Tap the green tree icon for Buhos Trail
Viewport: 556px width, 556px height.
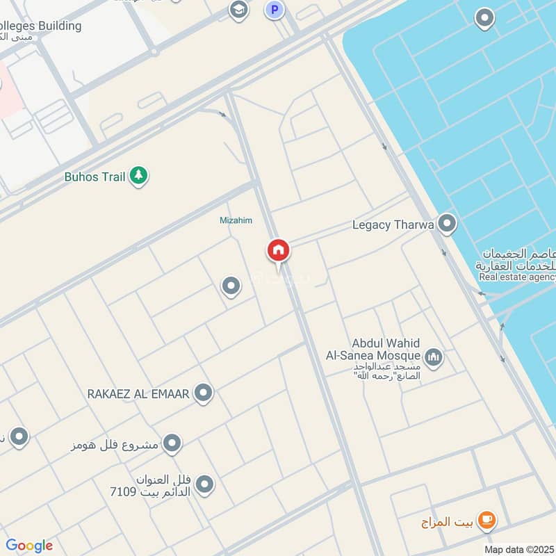(139, 177)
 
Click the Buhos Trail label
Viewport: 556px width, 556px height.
(95, 177)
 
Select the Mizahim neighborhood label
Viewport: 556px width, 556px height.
(236, 220)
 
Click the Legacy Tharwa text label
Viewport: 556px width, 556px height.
(393, 224)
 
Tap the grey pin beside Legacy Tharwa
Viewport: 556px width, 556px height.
(447, 224)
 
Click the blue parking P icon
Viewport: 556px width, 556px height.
(275, 10)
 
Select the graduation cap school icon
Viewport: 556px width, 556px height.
(238, 10)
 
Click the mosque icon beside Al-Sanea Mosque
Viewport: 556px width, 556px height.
(434, 357)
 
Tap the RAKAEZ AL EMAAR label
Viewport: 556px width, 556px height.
(138, 394)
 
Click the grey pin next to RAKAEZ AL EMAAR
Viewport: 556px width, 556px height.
(203, 394)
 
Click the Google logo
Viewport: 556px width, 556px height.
(29, 546)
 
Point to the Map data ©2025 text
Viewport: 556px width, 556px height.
(518, 549)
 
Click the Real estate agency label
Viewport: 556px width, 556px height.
(517, 277)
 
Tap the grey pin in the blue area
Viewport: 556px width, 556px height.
(484, 18)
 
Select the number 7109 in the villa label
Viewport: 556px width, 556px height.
(124, 492)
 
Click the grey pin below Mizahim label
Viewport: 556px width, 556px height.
(231, 286)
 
